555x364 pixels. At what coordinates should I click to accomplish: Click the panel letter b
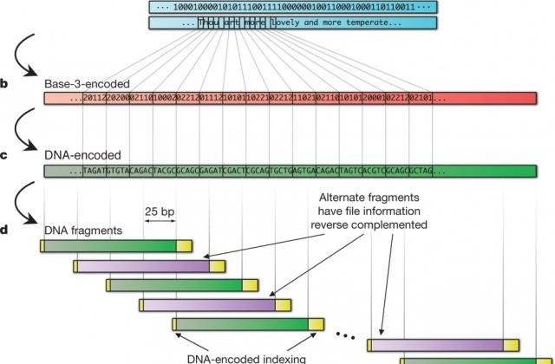tap(4, 84)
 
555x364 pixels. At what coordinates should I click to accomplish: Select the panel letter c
tap(4, 156)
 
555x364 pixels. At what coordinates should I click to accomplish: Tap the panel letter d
tap(4, 230)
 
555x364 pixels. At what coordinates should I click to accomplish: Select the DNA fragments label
tap(84, 231)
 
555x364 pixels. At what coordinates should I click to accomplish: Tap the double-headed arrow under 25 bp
tap(159, 222)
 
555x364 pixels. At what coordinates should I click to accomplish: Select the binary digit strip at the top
tap(293, 7)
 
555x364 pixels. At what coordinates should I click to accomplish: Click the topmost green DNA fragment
tap(109, 247)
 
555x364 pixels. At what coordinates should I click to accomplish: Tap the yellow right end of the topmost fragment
tap(185, 247)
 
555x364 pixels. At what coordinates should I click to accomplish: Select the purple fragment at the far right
tap(438, 345)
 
